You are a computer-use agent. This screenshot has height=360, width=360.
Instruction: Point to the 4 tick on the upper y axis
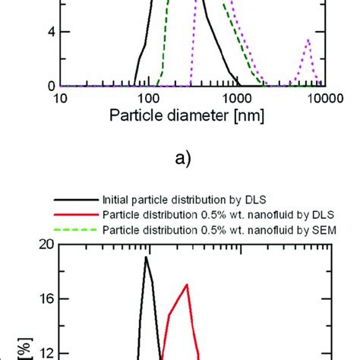click(45, 33)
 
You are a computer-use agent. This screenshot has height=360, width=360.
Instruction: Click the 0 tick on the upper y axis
click(45, 86)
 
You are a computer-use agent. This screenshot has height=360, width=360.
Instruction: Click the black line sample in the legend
click(75, 198)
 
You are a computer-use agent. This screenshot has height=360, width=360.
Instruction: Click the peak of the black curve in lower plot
click(146, 257)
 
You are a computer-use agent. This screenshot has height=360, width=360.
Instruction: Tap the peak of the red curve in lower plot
click(187, 285)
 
